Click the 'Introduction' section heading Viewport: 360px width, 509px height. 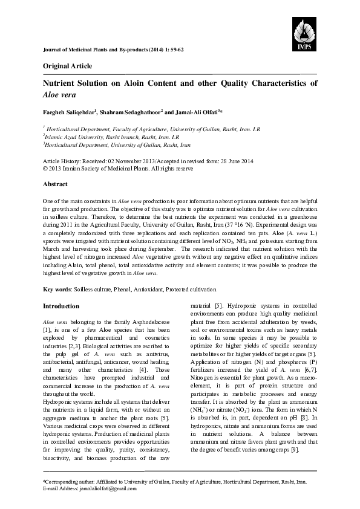tap(61, 306)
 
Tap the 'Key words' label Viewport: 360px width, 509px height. tap(56, 290)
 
